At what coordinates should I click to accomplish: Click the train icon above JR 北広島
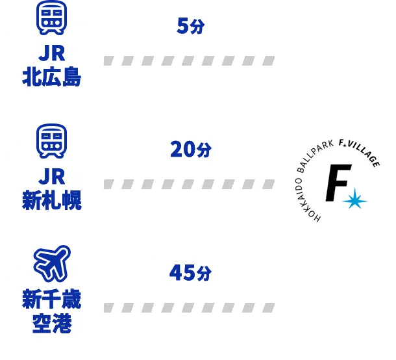(x=52, y=18)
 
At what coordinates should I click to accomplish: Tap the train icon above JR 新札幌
(x=52, y=142)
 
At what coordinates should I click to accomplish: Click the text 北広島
(x=52, y=78)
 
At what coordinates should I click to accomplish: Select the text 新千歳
(x=52, y=301)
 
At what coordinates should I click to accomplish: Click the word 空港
(x=52, y=323)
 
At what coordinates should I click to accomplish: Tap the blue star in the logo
(x=354, y=201)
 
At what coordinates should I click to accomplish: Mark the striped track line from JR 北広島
(x=188, y=60)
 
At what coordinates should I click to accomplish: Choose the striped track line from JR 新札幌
(x=188, y=184)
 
